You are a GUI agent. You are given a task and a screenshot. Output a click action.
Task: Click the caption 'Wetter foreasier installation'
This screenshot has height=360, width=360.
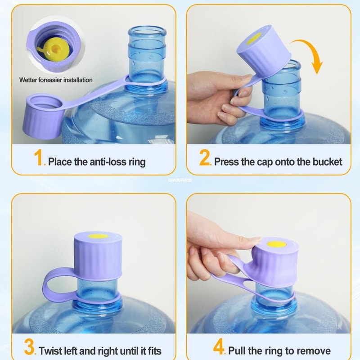[x=56, y=80]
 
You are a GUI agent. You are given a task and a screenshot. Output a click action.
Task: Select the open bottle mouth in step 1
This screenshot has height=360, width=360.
[x=147, y=32]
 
